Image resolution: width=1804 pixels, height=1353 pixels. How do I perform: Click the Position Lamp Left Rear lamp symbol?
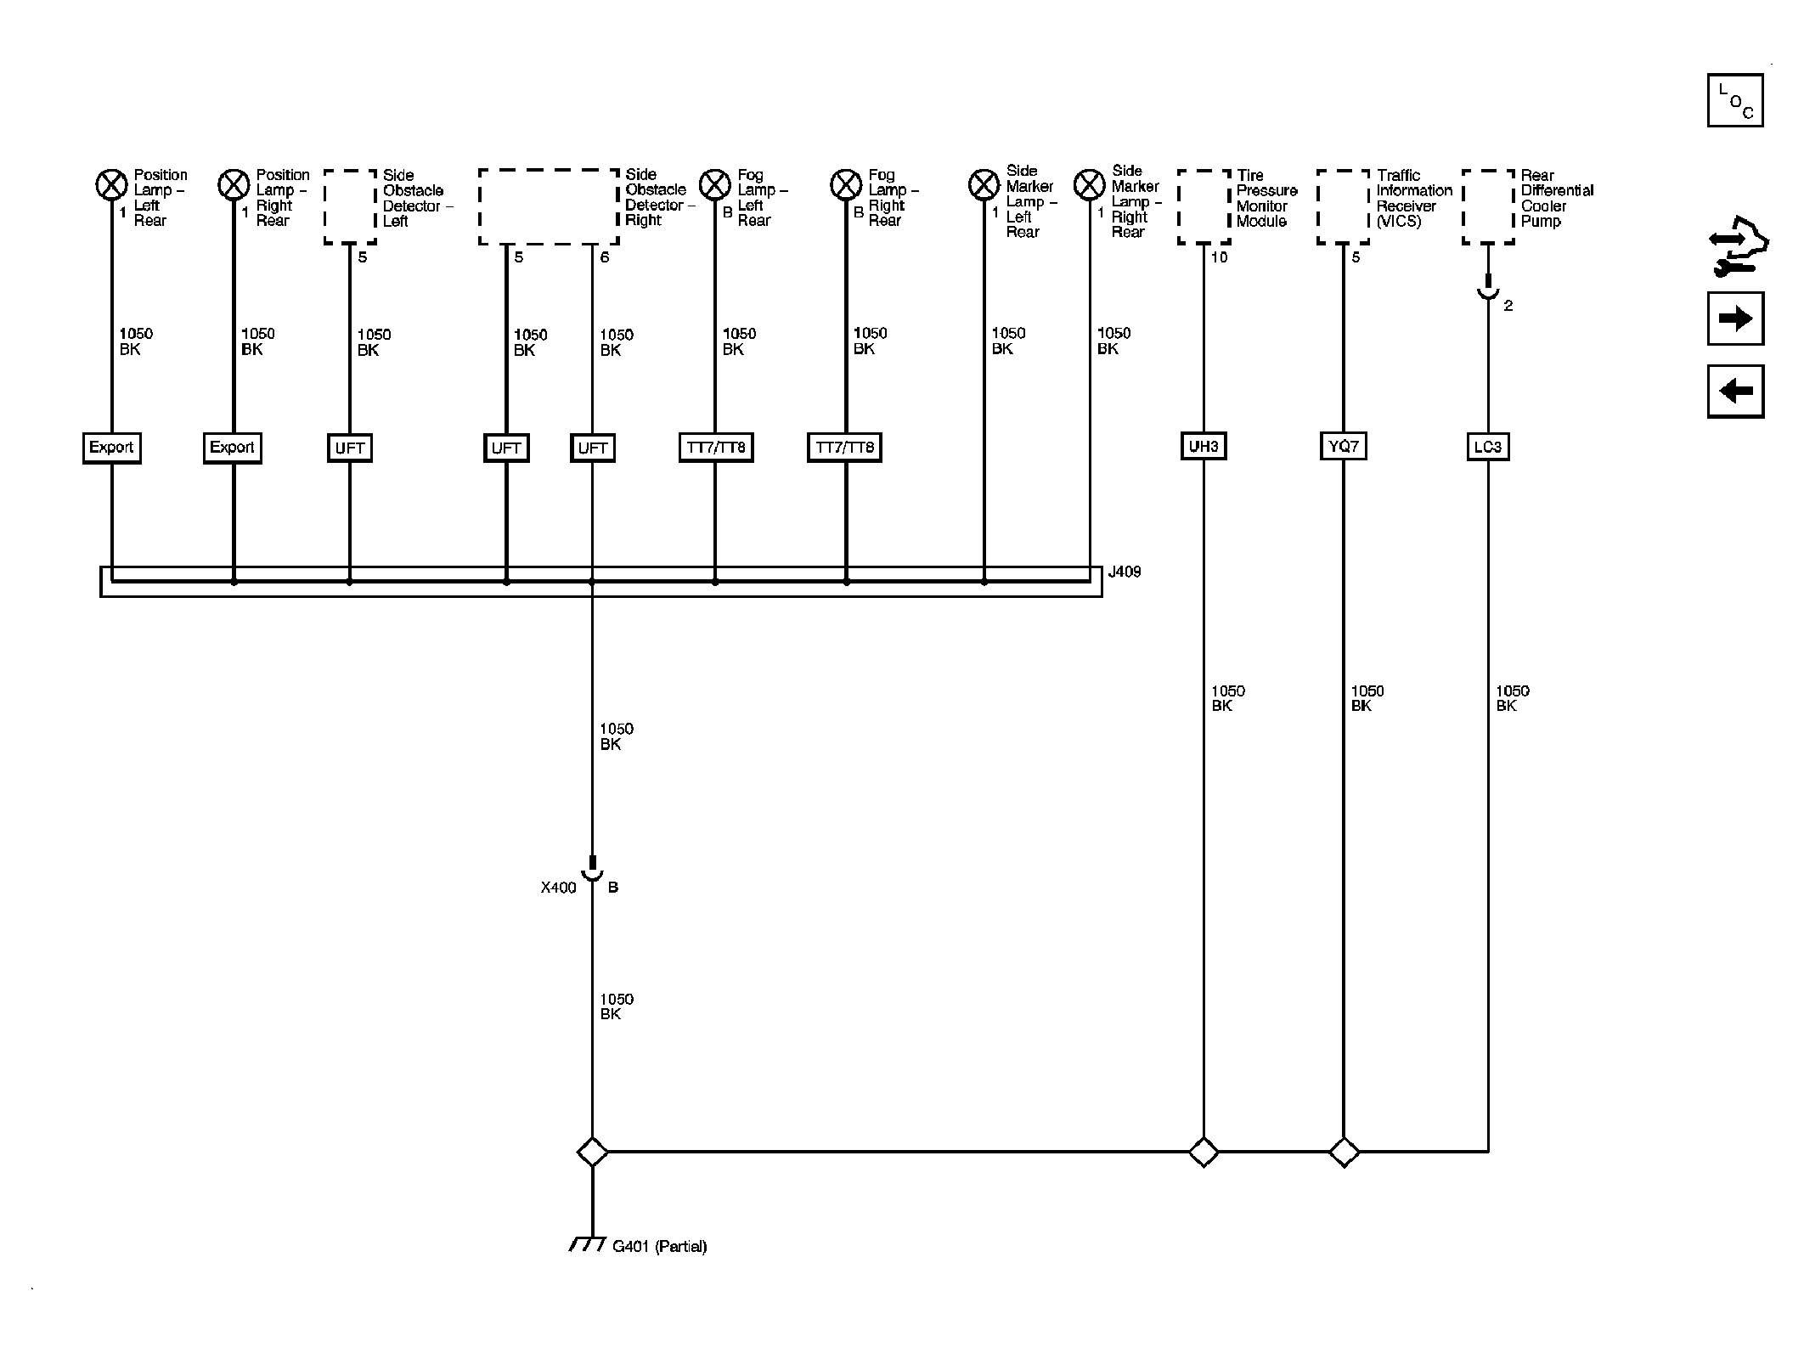point(111,184)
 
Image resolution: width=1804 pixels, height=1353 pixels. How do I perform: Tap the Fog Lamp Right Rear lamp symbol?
point(846,183)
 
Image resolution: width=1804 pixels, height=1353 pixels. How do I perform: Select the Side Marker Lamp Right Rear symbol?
point(1090,184)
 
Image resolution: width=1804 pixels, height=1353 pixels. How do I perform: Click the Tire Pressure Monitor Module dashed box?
point(1204,207)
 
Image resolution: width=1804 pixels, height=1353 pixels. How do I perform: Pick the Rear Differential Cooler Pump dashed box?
point(1489,207)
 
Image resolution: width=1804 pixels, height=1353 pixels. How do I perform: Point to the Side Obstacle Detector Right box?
point(550,207)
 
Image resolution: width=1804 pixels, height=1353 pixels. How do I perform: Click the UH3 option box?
point(1204,447)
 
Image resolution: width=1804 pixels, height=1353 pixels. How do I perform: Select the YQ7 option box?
point(1344,447)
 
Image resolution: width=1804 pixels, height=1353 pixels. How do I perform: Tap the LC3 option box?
point(1488,447)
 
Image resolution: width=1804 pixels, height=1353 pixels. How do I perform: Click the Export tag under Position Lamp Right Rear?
point(233,448)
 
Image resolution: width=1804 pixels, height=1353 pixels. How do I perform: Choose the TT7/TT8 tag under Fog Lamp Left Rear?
point(716,448)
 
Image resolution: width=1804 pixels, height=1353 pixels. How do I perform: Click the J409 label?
point(1125,572)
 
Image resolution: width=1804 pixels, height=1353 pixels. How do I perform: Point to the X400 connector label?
point(559,888)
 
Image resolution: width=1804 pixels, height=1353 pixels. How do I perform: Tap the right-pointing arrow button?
point(1735,319)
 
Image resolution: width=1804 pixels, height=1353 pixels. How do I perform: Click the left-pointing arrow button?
point(1735,392)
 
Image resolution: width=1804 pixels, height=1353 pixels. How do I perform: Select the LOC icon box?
point(1735,100)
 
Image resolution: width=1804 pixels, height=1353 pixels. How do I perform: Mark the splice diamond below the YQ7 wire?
point(1344,1153)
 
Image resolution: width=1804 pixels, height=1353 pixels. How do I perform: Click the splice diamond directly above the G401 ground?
point(592,1153)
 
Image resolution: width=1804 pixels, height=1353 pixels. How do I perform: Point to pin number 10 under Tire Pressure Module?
point(1219,257)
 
